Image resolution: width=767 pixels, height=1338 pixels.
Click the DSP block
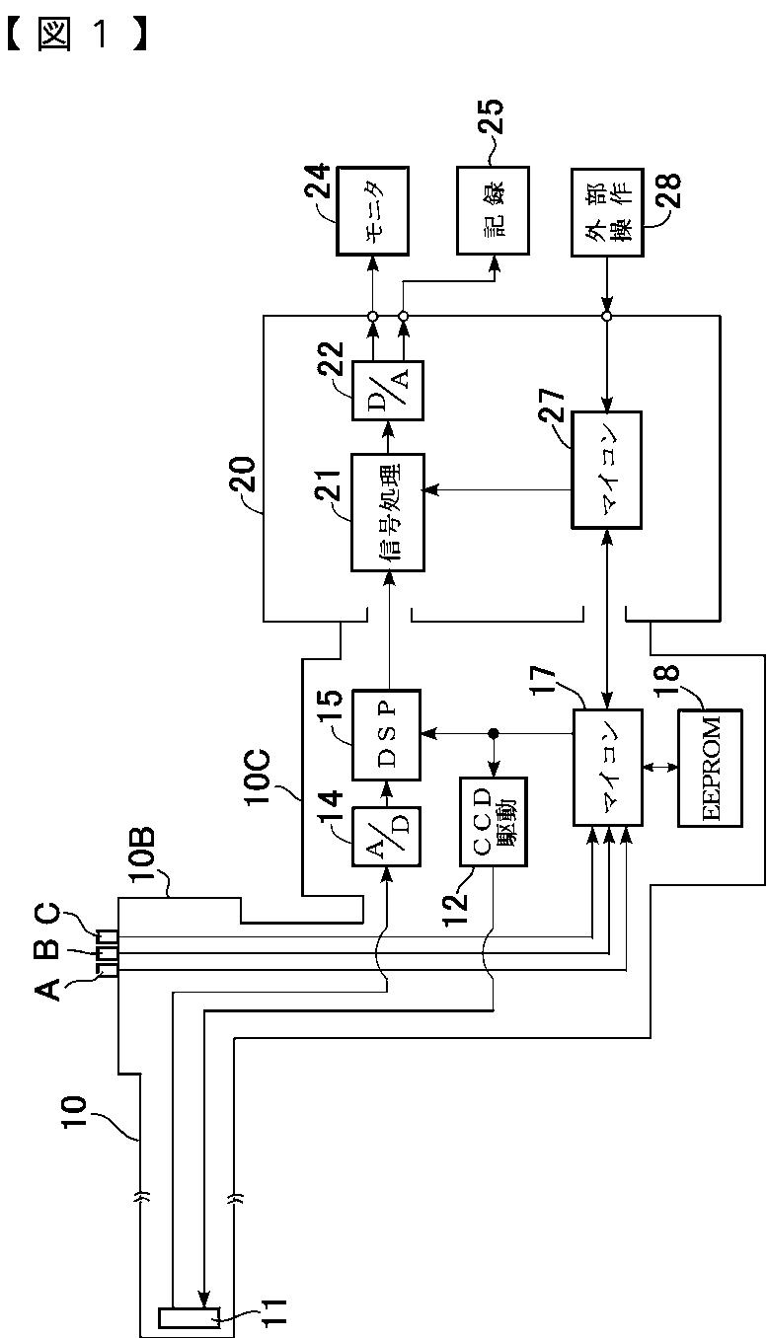point(387,735)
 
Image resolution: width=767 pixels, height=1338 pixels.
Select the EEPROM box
point(710,768)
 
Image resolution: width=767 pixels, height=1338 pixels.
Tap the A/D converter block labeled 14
point(387,837)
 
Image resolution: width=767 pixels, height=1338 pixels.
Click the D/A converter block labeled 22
point(388,390)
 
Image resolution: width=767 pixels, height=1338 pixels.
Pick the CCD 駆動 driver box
point(494,822)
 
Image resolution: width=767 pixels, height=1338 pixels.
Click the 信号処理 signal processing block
point(388,512)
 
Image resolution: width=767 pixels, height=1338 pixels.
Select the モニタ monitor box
point(373,211)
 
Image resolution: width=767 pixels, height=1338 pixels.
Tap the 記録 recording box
point(494,211)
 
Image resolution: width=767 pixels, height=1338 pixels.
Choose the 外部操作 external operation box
point(607,213)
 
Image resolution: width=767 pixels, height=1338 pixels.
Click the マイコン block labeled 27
point(607,470)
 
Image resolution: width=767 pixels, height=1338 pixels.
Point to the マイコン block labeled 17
point(608,768)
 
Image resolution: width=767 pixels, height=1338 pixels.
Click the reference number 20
point(242,475)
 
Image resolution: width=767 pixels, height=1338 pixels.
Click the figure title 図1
point(76,35)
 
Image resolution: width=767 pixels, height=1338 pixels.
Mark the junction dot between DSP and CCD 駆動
point(494,733)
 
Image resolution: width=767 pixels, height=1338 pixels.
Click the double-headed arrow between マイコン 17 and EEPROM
point(660,766)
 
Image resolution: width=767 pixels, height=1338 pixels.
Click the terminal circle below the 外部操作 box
point(607,316)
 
